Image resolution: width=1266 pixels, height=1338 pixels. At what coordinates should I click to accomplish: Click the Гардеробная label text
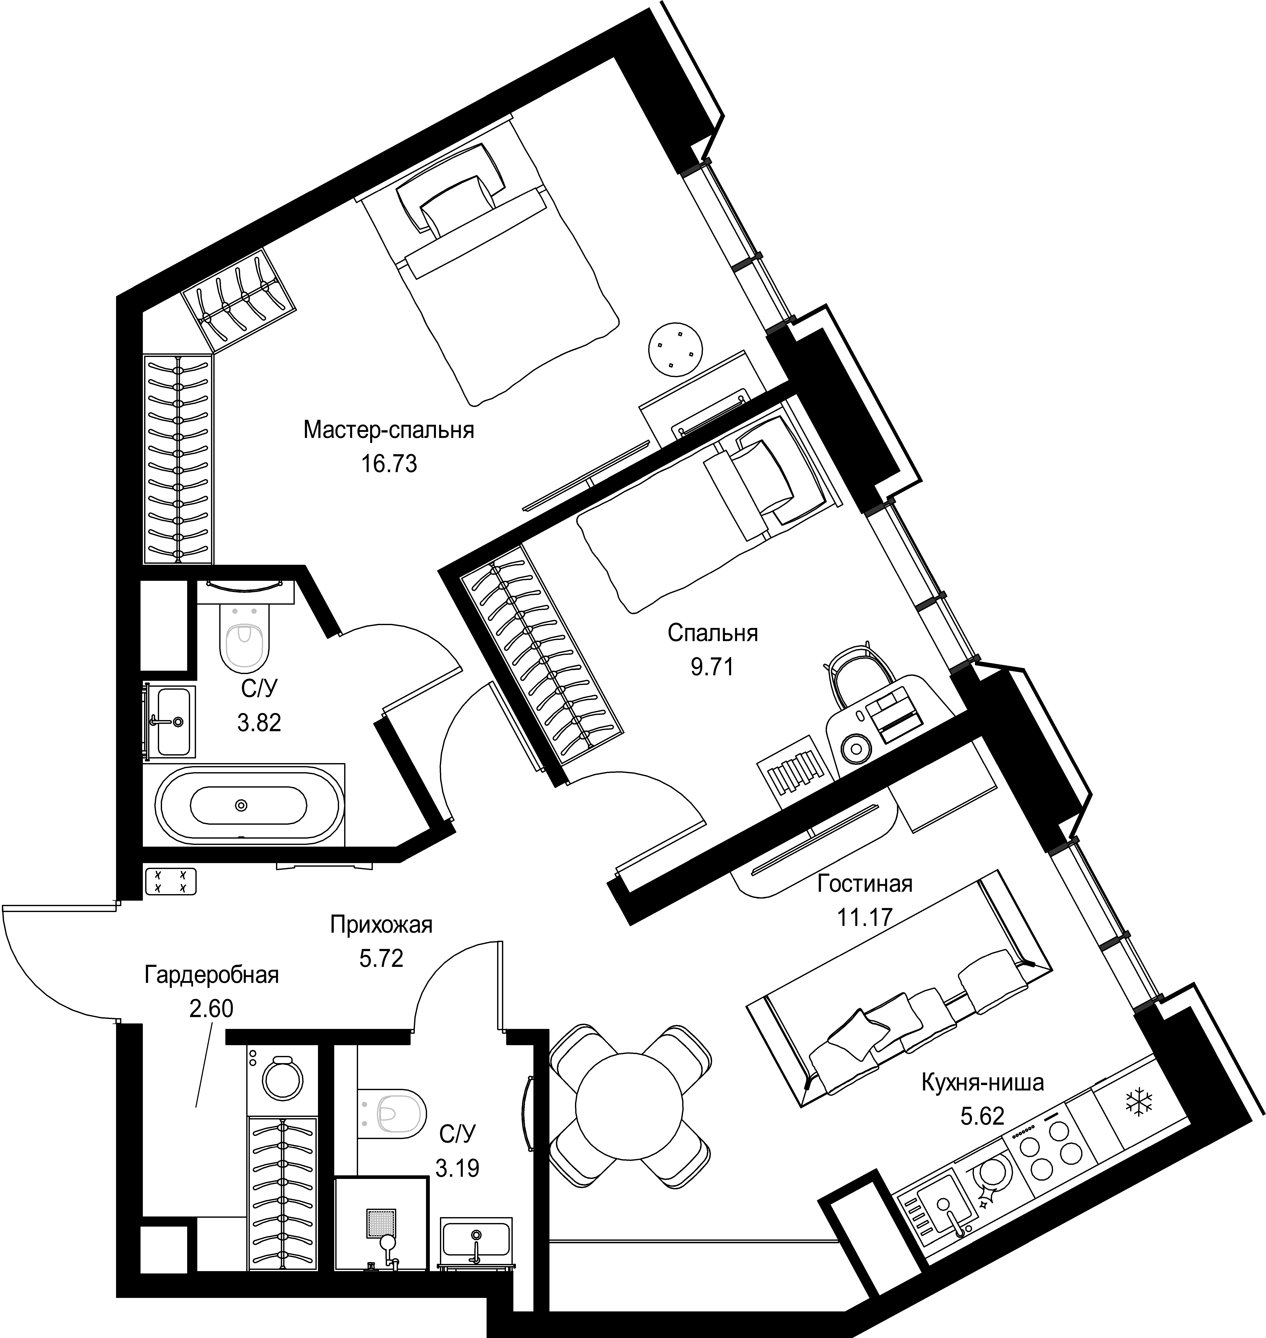(211, 975)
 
